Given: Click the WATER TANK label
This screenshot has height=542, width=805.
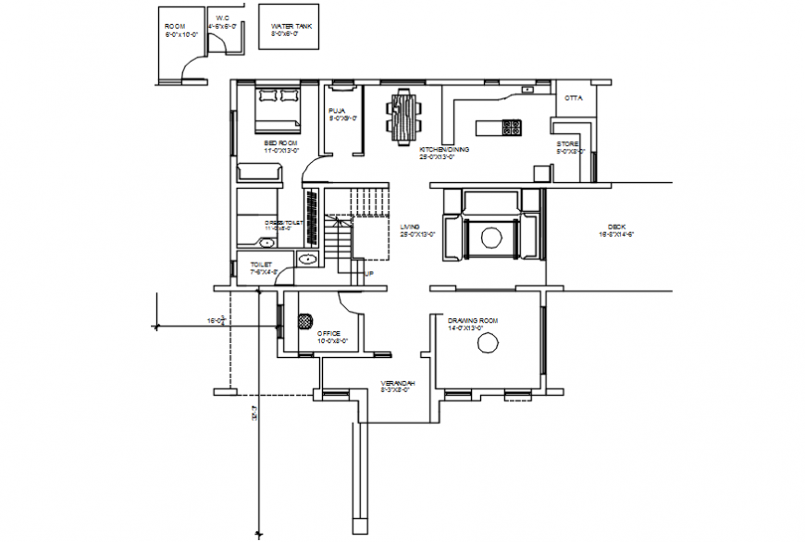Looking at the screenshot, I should [x=290, y=26].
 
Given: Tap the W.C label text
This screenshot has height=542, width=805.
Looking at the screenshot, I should [x=222, y=18].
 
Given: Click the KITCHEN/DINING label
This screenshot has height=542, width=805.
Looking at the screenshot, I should [x=444, y=149].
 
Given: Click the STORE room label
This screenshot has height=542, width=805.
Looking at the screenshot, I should [x=567, y=144].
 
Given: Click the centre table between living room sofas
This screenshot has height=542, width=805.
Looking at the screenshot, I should [x=490, y=236].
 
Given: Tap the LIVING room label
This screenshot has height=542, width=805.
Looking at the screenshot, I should [x=410, y=227].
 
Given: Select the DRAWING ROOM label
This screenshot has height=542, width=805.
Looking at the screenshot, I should [x=473, y=321].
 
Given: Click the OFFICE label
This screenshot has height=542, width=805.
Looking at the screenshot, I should [x=330, y=333].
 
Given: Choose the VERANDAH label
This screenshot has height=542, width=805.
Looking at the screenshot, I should [x=398, y=383].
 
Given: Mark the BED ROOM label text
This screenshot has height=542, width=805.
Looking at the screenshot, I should [x=279, y=143].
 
